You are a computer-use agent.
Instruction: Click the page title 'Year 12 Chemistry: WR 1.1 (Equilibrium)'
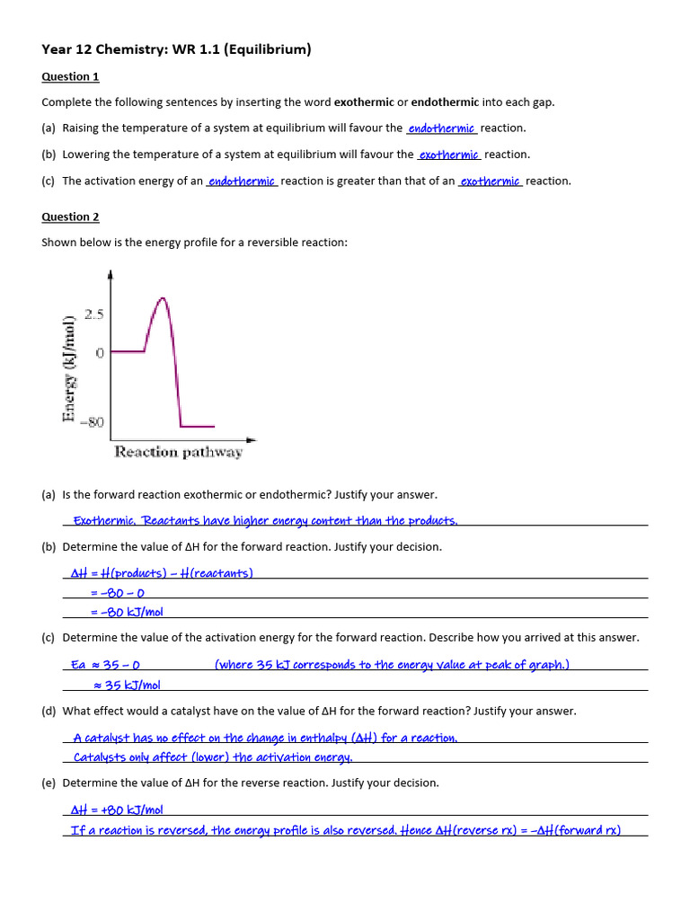pyautogui.click(x=176, y=49)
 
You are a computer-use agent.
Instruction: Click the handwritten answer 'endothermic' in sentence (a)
pyautogui.click(x=441, y=128)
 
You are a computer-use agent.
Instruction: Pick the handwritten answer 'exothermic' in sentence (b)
pyautogui.click(x=450, y=155)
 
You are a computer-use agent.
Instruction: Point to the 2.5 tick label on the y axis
pyautogui.click(x=94, y=314)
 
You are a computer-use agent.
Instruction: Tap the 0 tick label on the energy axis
pyautogui.click(x=100, y=353)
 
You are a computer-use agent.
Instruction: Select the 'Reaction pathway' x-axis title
pyautogui.click(x=178, y=452)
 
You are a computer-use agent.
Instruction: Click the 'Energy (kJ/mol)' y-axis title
pyautogui.click(x=68, y=368)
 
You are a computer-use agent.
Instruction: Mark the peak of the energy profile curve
pyautogui.click(x=161, y=299)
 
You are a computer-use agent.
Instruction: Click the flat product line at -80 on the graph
pyautogui.click(x=197, y=426)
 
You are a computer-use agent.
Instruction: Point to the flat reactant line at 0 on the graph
pyautogui.click(x=128, y=351)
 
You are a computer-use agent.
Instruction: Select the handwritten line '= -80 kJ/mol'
pyautogui.click(x=127, y=612)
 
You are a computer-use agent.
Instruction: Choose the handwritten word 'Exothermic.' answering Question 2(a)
pyautogui.click(x=105, y=520)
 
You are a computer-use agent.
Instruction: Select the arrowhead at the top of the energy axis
pyautogui.click(x=110, y=274)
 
